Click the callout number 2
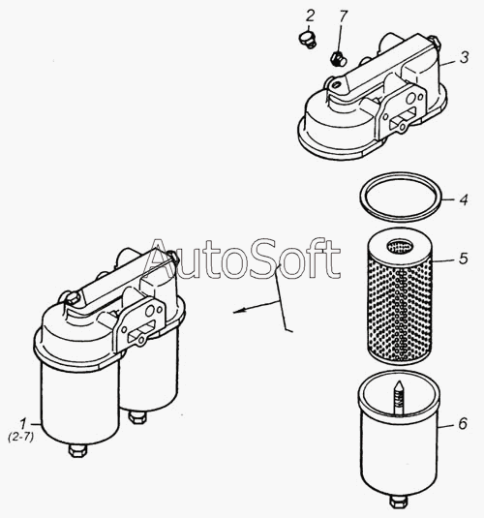(310, 15)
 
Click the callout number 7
(344, 16)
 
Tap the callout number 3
(465, 57)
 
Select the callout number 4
(464, 199)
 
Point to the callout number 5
(464, 258)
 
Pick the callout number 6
(463, 423)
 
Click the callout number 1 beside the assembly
(23, 423)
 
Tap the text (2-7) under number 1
(20, 437)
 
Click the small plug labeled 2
(307, 40)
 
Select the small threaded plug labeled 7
(338, 59)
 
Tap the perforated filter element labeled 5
(400, 296)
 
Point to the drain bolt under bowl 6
(399, 502)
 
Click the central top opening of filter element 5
(400, 246)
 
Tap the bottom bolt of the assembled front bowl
(78, 450)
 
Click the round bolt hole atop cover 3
(336, 85)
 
